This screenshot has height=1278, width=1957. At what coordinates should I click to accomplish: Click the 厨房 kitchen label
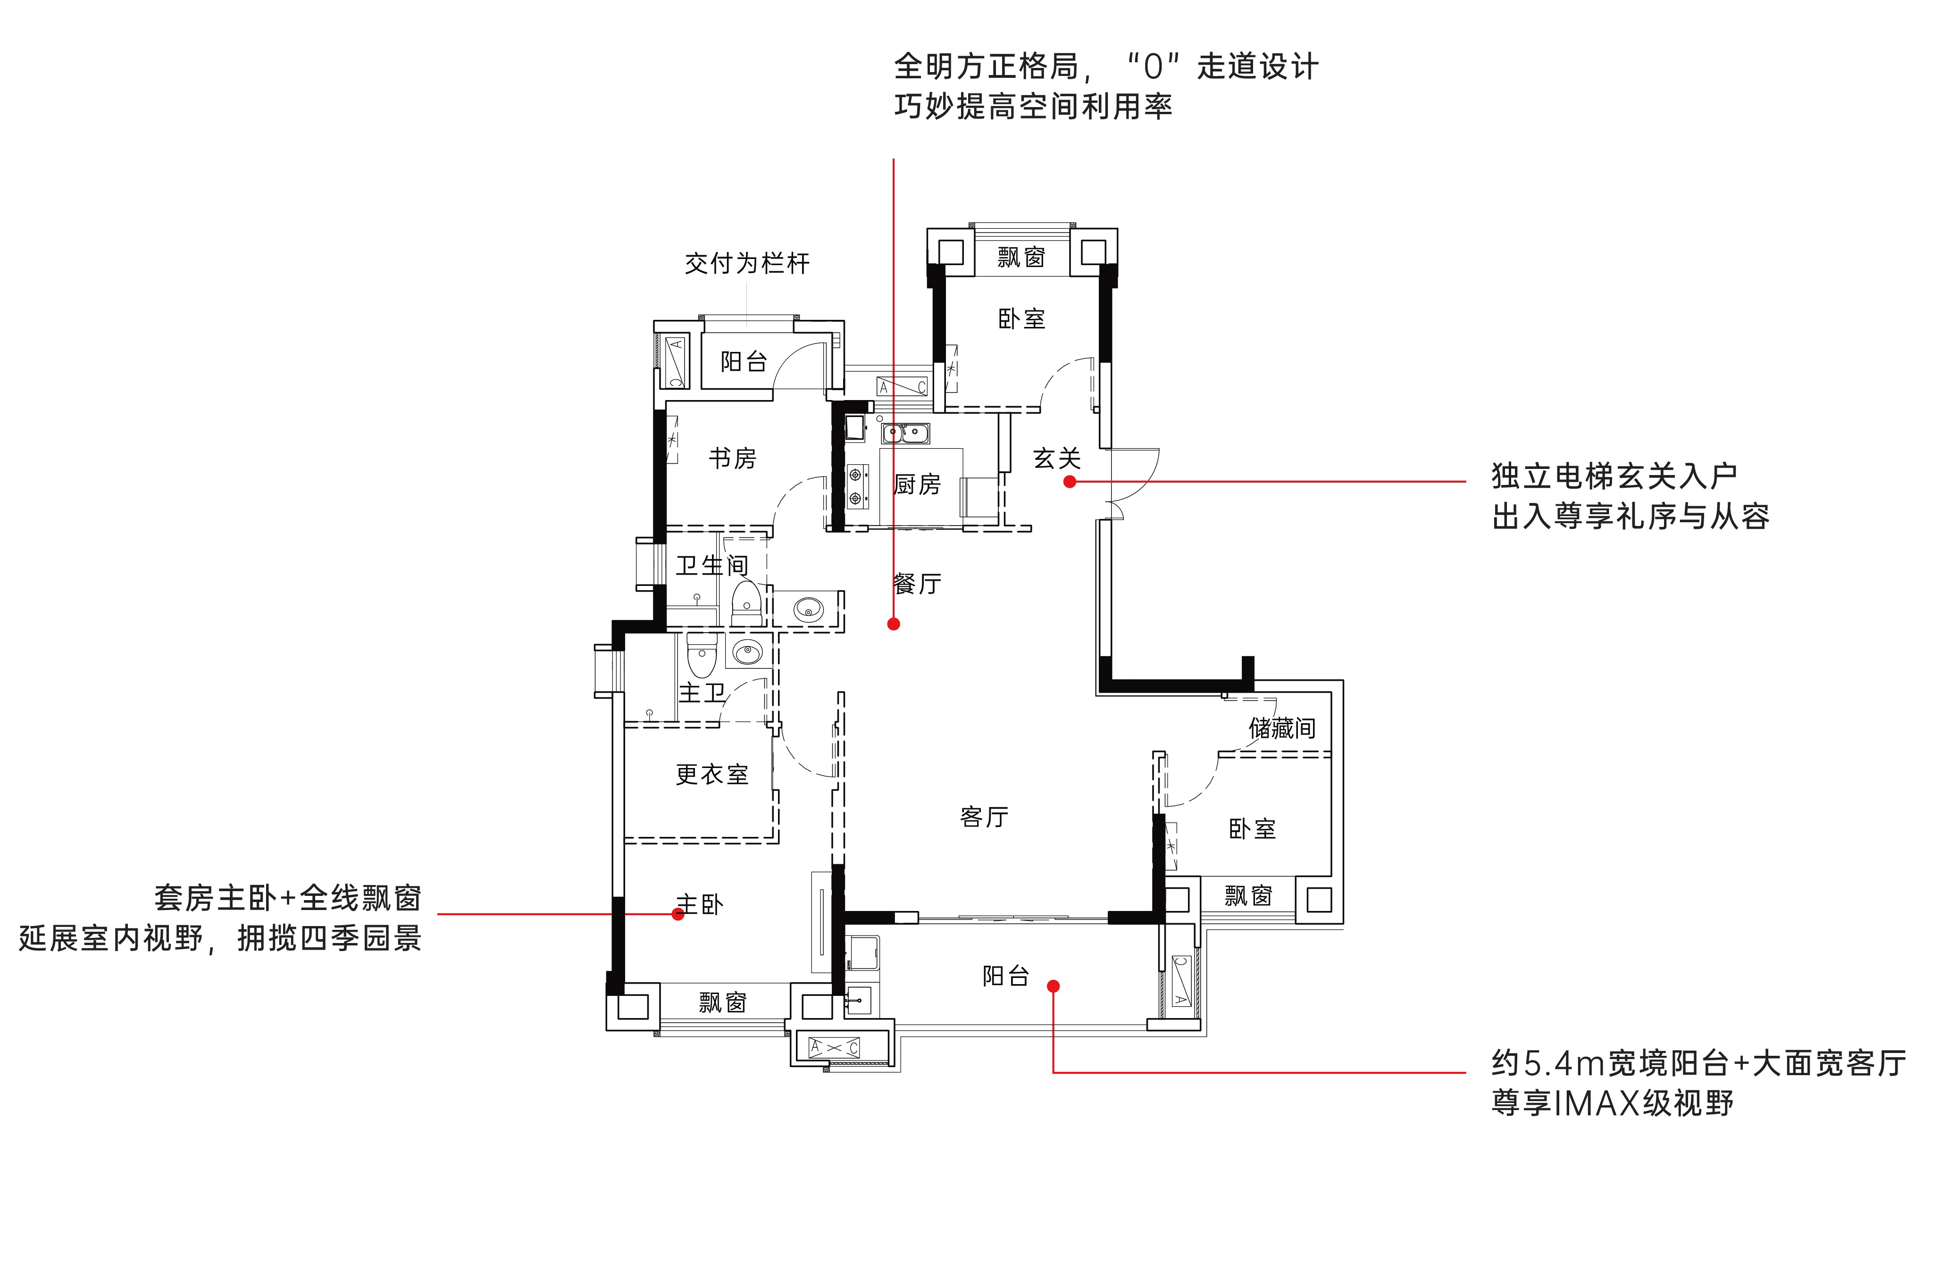click(917, 484)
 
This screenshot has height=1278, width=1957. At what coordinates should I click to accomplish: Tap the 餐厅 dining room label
click(917, 584)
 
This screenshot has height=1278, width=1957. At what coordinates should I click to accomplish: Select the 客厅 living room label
click(984, 817)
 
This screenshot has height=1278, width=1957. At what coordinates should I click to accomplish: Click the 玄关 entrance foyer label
click(1057, 458)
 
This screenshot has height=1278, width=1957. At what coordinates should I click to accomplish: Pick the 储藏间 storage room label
click(1282, 728)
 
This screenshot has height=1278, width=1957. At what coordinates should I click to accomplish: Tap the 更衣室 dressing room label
click(712, 774)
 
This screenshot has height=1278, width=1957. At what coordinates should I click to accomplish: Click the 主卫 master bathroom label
click(702, 693)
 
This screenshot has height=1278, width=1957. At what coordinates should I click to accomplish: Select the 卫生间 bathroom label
click(712, 565)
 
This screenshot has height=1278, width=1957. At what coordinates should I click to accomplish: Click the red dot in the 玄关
click(1070, 482)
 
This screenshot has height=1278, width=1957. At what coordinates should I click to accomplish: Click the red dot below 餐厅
click(894, 624)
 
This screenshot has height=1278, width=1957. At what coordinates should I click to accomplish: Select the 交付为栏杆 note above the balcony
click(747, 263)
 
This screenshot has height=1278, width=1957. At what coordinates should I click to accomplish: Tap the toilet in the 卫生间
click(746, 602)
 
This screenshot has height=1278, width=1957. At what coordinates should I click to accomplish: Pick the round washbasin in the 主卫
click(747, 654)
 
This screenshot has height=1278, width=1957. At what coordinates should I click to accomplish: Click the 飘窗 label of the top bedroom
click(1021, 258)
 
